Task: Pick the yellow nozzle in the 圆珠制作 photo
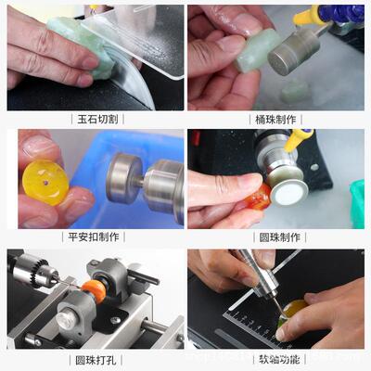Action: pyautogui.click(x=300, y=140)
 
